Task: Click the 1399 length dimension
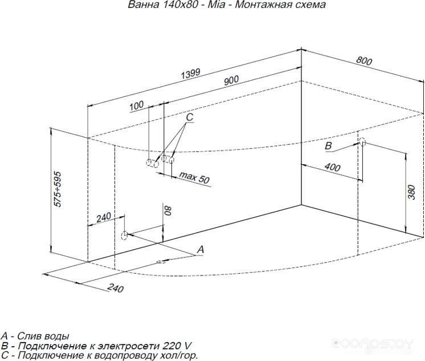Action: [x=191, y=74]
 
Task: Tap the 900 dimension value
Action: [x=231, y=80]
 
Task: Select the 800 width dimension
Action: [x=364, y=62]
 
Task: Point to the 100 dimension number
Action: [x=136, y=106]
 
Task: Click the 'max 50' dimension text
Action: [x=195, y=177]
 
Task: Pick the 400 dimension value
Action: [x=332, y=167]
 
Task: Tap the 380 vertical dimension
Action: [x=411, y=192]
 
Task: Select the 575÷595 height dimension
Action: [x=58, y=189]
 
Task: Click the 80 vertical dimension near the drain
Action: [x=168, y=210]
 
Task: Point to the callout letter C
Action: [x=190, y=117]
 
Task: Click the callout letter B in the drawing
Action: [x=328, y=146]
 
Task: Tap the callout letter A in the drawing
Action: [x=201, y=249]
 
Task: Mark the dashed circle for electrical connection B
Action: [x=362, y=142]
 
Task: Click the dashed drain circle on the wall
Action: [x=124, y=236]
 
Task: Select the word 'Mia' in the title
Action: [x=216, y=5]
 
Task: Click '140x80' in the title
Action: [x=180, y=5]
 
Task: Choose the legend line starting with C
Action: [x=99, y=355]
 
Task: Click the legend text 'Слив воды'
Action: [x=43, y=336]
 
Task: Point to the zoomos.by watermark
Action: [x=373, y=344]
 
